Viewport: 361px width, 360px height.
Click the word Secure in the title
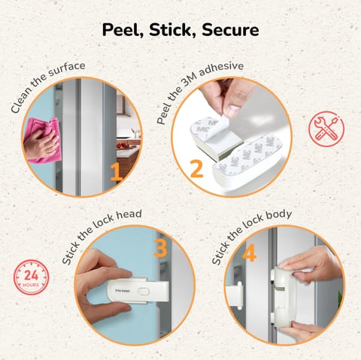[x=230, y=30]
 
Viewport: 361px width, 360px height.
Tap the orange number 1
[x=116, y=174]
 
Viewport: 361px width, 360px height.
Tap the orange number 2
[x=196, y=169]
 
